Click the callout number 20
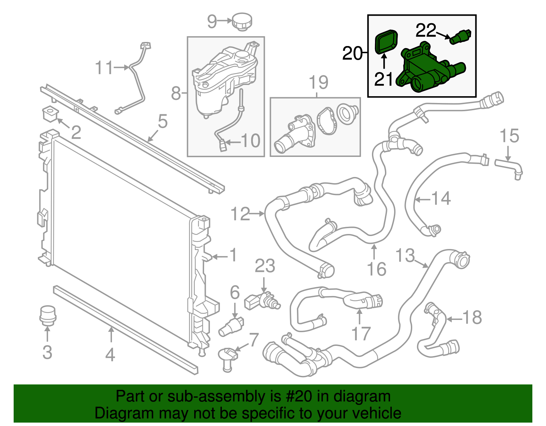click(x=352, y=54)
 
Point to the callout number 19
click(x=318, y=83)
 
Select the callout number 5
click(x=163, y=121)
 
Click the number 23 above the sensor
click(x=265, y=266)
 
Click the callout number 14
click(x=441, y=199)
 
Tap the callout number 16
click(x=377, y=269)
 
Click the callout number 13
click(x=405, y=255)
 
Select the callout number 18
click(x=472, y=318)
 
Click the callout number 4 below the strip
click(x=110, y=355)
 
